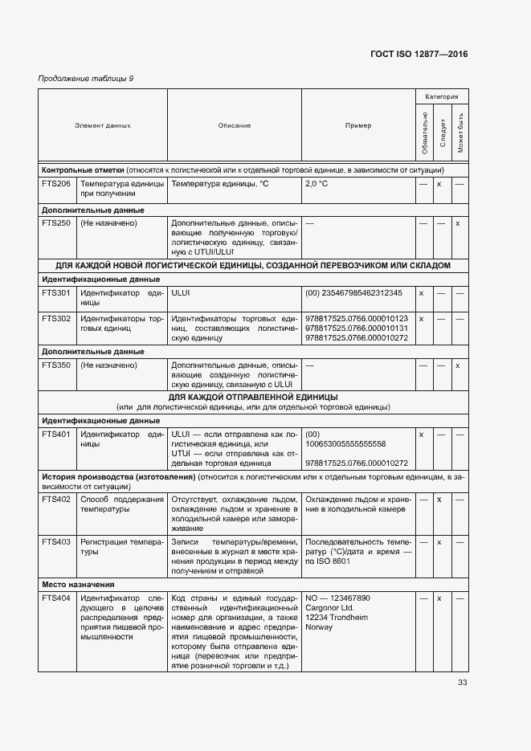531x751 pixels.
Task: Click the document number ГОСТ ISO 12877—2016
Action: (x=419, y=55)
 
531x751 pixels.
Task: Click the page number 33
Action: (x=462, y=683)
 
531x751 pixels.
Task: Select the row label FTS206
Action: (x=56, y=184)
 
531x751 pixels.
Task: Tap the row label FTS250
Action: (x=56, y=222)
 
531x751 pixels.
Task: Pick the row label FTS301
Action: (x=56, y=293)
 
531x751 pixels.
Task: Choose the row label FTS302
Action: (x=56, y=319)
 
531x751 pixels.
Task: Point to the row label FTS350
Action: (x=56, y=365)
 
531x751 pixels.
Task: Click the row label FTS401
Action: (x=56, y=434)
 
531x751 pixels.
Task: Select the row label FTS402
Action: (x=56, y=500)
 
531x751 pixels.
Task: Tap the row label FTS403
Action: (x=56, y=542)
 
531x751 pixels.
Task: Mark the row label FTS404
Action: (x=56, y=598)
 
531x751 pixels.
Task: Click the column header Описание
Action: (x=234, y=125)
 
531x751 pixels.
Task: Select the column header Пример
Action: (x=358, y=125)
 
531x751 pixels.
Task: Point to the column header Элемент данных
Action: (x=103, y=125)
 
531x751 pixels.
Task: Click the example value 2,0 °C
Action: (x=317, y=184)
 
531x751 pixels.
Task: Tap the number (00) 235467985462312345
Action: (x=353, y=293)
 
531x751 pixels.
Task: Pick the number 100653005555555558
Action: (x=345, y=443)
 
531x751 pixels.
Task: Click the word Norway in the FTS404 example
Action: (x=319, y=627)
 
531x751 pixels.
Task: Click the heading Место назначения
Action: (x=78, y=584)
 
